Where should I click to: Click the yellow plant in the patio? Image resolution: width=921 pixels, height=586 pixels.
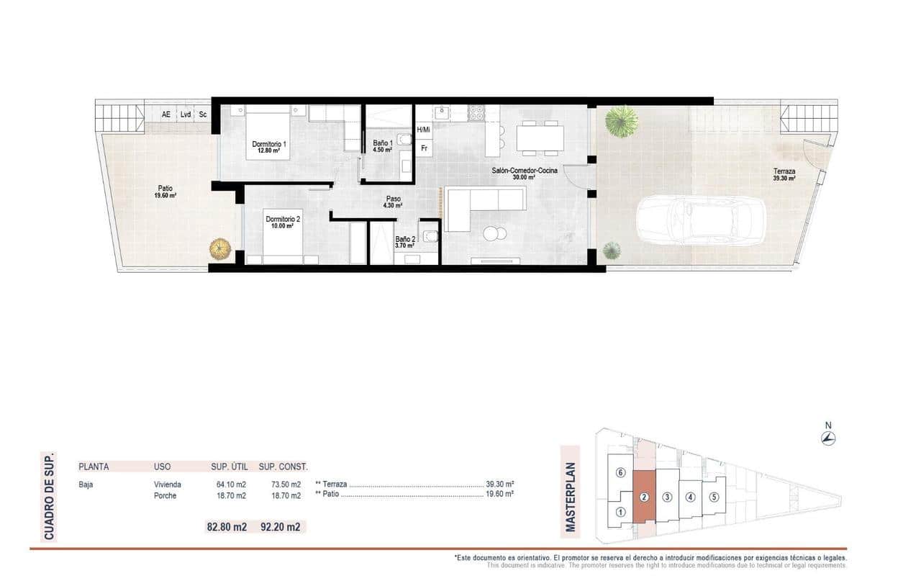219,249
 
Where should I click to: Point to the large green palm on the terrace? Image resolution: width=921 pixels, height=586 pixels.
621,121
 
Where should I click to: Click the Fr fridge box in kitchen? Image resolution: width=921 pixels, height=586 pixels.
425,149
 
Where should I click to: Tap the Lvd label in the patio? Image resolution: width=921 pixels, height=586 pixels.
186,114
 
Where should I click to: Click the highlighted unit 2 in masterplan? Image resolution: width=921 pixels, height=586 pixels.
645,497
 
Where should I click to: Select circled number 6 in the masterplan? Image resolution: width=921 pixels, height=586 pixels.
620,473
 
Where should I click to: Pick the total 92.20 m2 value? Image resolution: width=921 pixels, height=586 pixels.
283,527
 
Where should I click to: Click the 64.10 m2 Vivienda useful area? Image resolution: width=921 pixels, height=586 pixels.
231,484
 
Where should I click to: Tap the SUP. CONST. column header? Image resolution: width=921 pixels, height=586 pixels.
283,466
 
